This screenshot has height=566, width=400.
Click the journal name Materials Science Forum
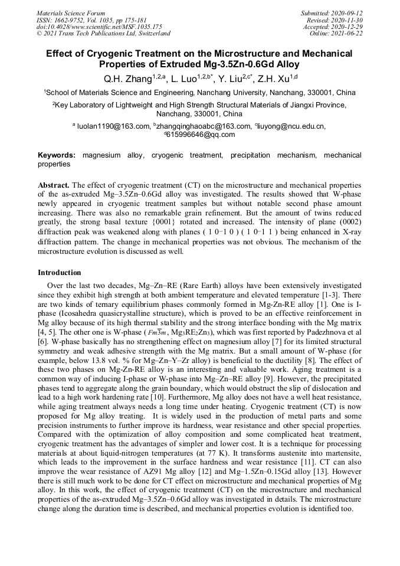coord(71,13)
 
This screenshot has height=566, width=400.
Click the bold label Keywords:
coord(57,155)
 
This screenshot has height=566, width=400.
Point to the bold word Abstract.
coord(54,184)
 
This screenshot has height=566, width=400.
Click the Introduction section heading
coord(60,273)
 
